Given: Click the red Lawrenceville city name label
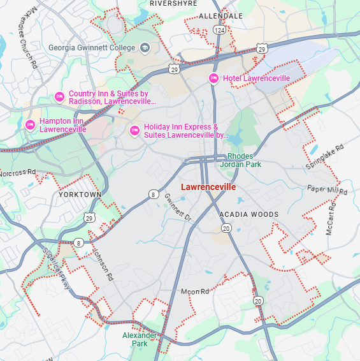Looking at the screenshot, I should [208, 188].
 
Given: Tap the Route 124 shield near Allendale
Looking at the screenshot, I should [220, 30].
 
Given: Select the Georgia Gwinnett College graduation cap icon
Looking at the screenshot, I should [145, 48].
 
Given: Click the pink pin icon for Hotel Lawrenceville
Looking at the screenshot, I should [214, 78].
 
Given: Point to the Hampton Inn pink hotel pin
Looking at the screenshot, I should [30, 124].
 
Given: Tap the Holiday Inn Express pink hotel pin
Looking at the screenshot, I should [134, 131].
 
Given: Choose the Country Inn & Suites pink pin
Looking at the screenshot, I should [59, 97].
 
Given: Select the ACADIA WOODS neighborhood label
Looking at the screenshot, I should [248, 214].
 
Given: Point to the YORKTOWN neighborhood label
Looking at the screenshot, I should [80, 194].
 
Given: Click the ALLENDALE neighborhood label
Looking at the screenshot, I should [221, 15].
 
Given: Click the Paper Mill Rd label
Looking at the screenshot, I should [327, 190].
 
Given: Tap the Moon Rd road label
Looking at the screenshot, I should [195, 291].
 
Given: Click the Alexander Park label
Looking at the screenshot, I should [140, 339].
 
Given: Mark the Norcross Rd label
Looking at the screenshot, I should [18, 173].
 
